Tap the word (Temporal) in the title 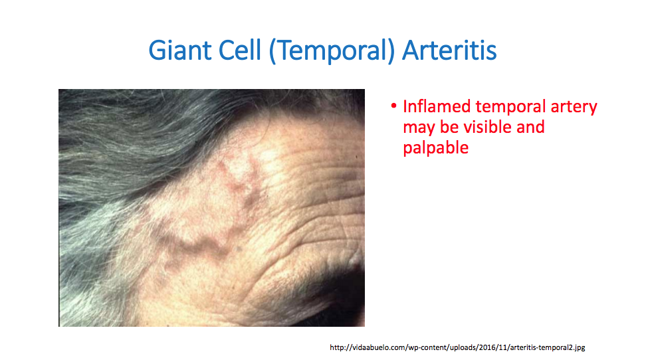click(x=332, y=51)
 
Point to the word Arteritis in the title click(x=449, y=50)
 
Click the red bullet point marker click(x=394, y=106)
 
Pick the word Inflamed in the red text click(x=437, y=106)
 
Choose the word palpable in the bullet click(x=435, y=148)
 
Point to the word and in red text click(x=530, y=127)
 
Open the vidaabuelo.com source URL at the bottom click(x=457, y=347)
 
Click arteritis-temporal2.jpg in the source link click(x=548, y=347)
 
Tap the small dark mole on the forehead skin click(x=239, y=249)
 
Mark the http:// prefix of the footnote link click(x=340, y=347)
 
